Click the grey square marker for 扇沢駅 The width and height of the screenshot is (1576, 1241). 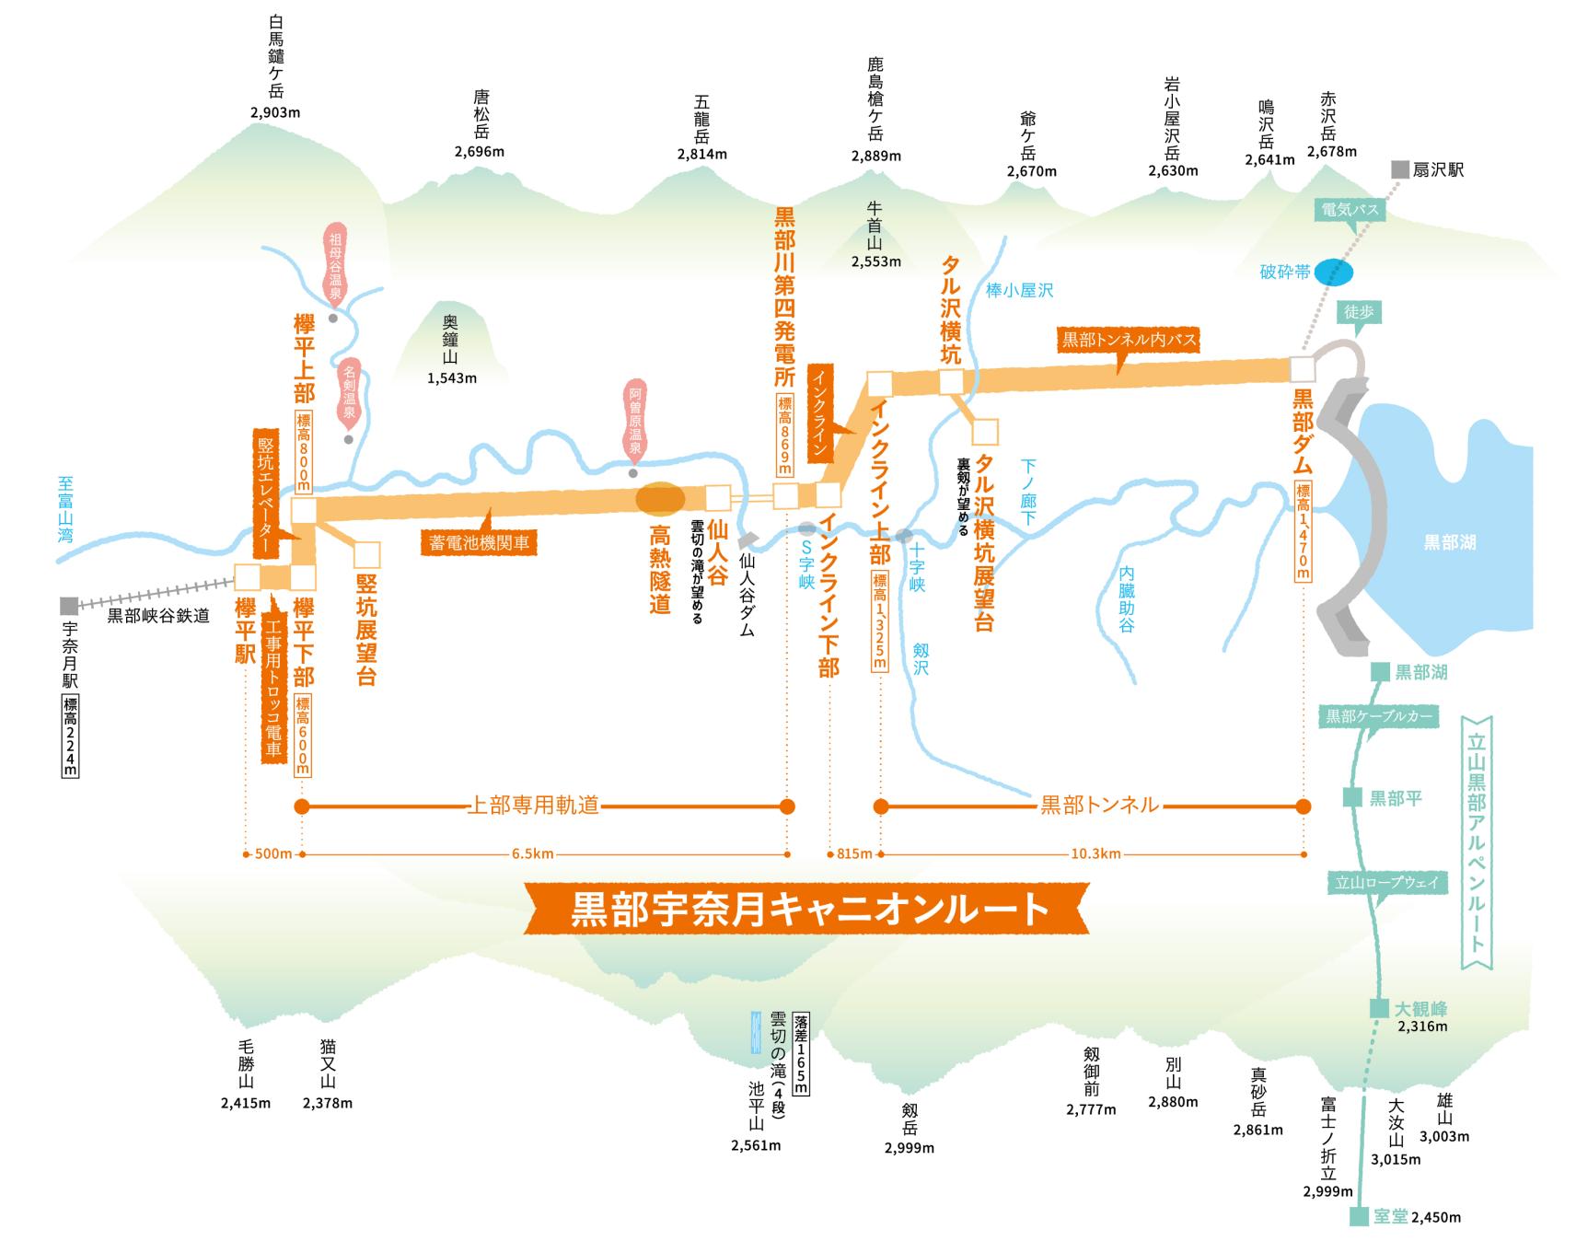tap(1399, 169)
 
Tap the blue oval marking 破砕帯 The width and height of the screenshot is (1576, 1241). tap(1333, 272)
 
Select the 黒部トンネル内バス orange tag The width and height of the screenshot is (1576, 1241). tap(1130, 340)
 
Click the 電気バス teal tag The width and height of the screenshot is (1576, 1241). tap(1349, 210)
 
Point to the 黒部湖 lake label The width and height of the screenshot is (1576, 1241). tap(1449, 542)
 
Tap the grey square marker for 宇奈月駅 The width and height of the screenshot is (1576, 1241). tap(69, 605)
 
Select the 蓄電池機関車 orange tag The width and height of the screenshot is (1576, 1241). tap(479, 541)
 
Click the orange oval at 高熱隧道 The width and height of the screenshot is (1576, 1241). tap(661, 498)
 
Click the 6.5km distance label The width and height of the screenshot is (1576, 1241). tap(533, 853)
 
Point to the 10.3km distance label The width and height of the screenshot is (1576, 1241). tap(1095, 853)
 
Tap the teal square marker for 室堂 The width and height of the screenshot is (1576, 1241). tap(1359, 1216)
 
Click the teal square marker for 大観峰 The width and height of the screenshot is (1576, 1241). tap(1378, 1008)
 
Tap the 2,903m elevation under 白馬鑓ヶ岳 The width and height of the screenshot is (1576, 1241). tap(275, 113)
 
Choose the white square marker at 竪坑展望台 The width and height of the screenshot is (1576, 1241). tap(366, 554)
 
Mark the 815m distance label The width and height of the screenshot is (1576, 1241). tap(854, 853)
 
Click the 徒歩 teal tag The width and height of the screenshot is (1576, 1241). tap(1359, 313)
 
